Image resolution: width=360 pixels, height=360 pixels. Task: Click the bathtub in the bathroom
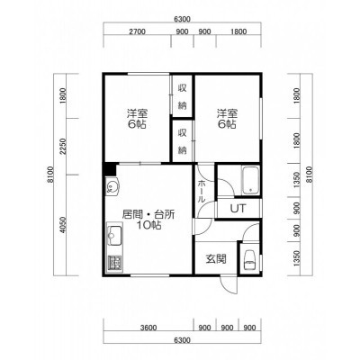(250, 181)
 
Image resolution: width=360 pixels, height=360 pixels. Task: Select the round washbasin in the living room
(112, 187)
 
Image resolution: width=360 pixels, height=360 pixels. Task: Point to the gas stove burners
(115, 263)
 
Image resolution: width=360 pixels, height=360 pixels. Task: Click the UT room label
(238, 208)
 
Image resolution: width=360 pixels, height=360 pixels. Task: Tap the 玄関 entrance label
(216, 258)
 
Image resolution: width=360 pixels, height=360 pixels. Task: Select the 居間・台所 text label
(148, 214)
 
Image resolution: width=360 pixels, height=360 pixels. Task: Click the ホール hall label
(202, 191)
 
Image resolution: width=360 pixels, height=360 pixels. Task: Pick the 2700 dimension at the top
(138, 31)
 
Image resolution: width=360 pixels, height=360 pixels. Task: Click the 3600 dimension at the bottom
(148, 328)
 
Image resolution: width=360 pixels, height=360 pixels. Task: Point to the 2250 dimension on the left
(62, 147)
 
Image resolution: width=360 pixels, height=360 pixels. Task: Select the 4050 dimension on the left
(62, 225)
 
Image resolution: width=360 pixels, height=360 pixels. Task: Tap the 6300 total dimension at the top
(182, 20)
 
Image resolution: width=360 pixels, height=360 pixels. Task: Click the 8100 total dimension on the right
(310, 175)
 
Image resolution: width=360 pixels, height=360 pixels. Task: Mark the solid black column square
(110, 170)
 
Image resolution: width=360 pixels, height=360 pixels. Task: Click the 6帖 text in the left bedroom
(137, 124)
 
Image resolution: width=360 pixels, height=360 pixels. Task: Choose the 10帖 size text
(149, 225)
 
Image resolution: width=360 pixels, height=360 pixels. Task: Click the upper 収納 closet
(182, 96)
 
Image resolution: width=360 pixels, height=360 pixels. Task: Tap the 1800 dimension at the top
(238, 31)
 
